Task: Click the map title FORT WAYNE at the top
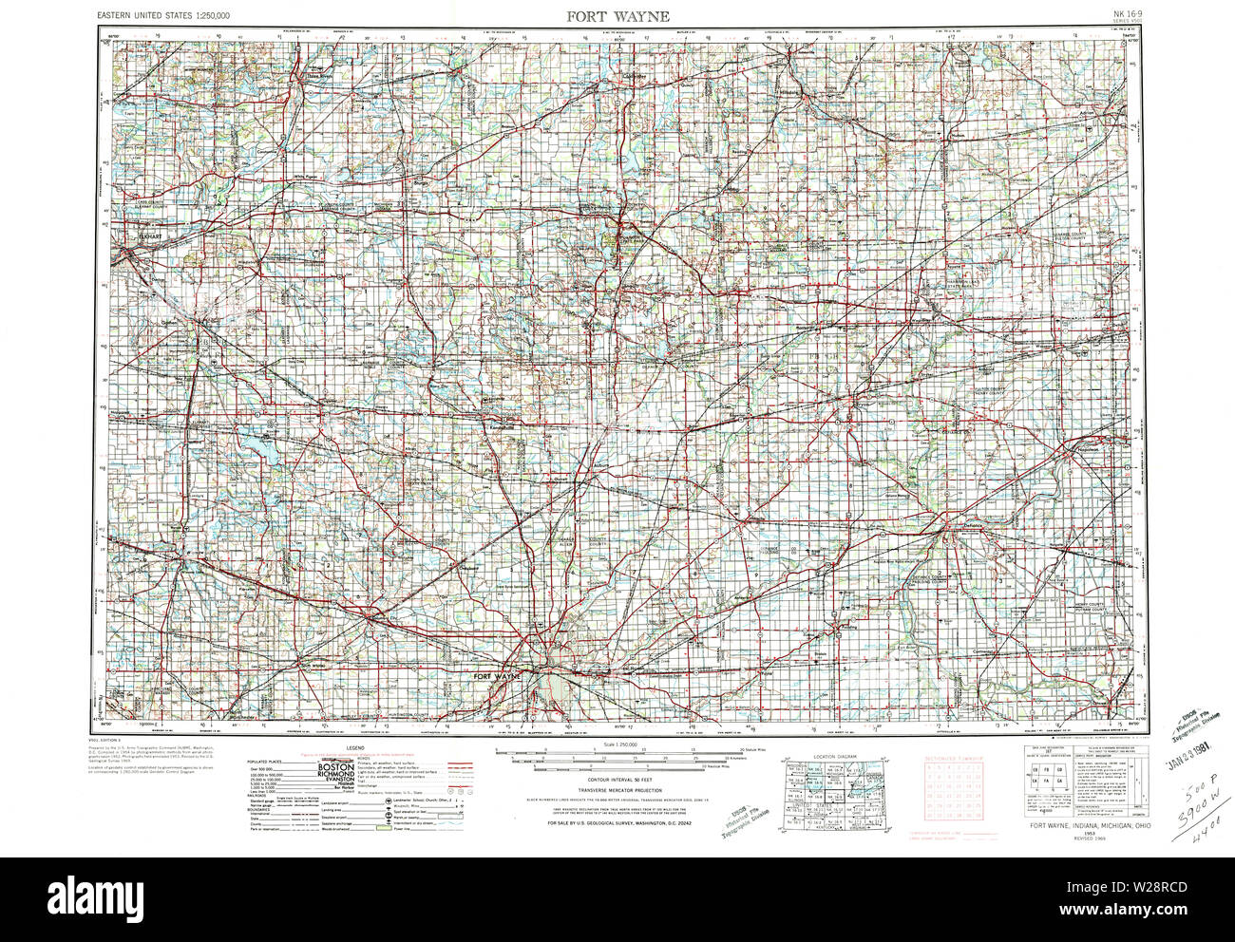click(618, 16)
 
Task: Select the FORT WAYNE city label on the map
click(496, 676)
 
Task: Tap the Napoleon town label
click(1089, 447)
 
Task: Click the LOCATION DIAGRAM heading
click(835, 756)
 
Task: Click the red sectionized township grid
click(954, 789)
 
